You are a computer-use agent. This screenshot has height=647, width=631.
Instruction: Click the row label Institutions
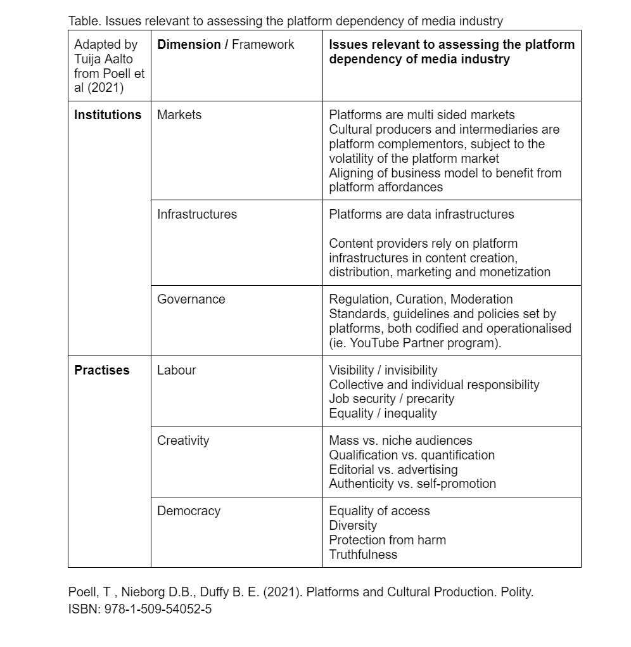(x=108, y=115)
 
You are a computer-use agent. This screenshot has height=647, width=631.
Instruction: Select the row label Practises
(x=101, y=370)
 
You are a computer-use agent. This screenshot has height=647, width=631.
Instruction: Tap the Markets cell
(x=179, y=115)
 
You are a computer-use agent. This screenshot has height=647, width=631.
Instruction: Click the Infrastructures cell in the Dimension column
(x=197, y=214)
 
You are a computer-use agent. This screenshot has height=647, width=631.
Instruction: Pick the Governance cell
(x=191, y=299)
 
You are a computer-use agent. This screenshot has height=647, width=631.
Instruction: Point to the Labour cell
(x=176, y=370)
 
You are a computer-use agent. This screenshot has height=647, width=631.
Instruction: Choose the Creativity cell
(x=183, y=440)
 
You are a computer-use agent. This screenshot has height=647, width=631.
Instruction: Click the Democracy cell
(x=189, y=511)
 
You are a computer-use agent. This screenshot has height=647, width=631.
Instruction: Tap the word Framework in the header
(x=263, y=44)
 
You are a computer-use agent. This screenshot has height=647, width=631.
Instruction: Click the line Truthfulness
(x=363, y=554)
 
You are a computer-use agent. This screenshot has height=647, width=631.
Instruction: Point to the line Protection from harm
(x=387, y=540)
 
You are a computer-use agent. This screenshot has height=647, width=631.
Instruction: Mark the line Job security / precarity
(x=392, y=399)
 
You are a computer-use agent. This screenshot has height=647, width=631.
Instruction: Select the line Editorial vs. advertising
(x=393, y=470)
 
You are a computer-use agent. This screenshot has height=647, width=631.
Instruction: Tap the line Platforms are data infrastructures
(x=421, y=214)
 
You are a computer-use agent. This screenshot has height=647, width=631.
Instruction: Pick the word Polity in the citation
(x=516, y=592)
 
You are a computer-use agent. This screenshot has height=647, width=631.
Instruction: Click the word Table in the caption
(x=84, y=21)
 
